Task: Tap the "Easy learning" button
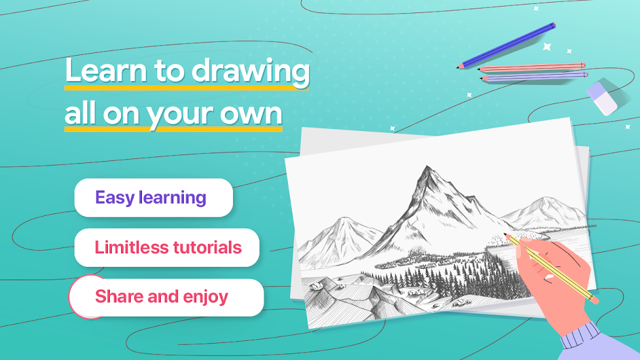tap(154, 198)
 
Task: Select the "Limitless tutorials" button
tap(166, 247)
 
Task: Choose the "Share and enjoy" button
tap(166, 297)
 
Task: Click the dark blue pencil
tap(506, 45)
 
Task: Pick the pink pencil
tap(531, 67)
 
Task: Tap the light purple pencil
tap(534, 77)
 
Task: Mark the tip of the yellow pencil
tap(505, 234)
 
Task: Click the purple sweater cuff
tap(580, 336)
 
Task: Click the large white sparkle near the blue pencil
tap(547, 46)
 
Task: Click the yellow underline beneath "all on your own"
tap(173, 130)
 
